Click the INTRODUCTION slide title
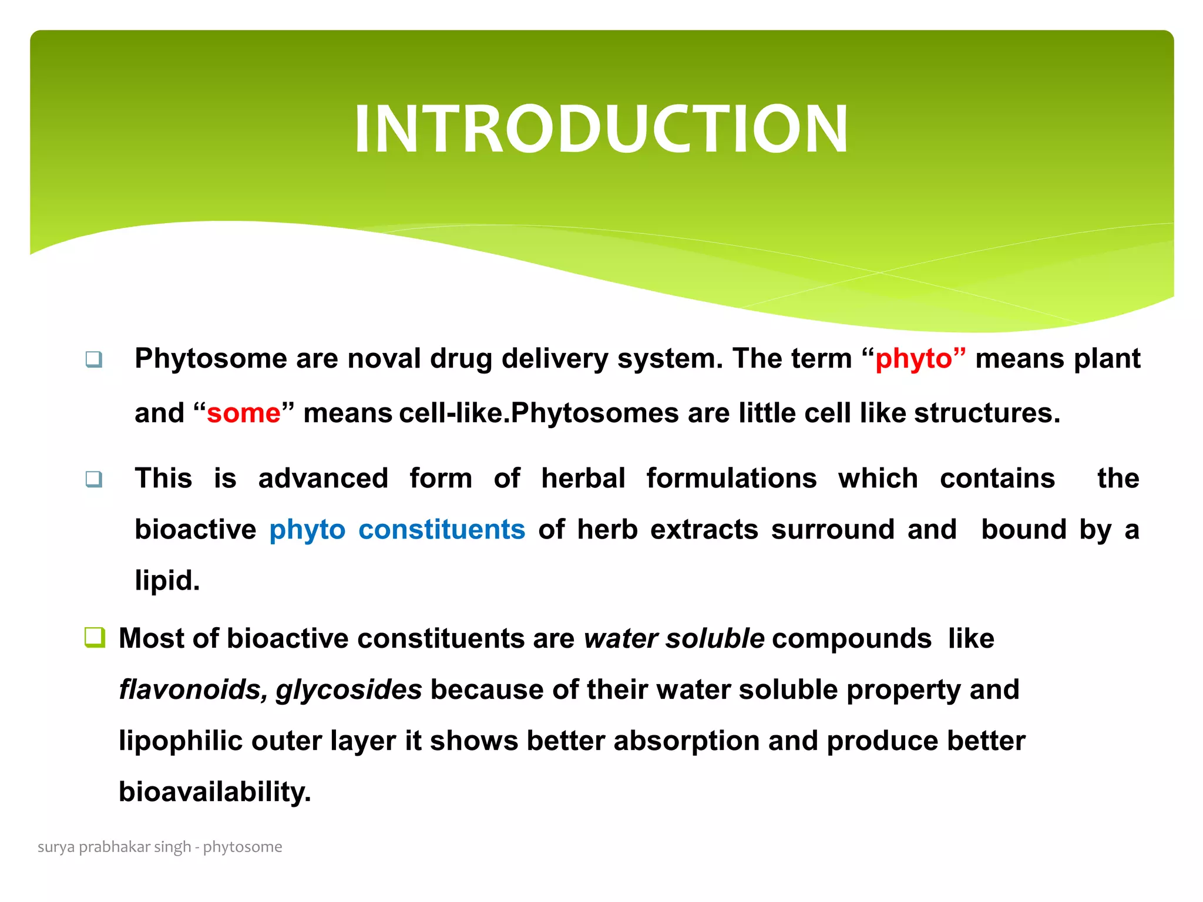[x=601, y=129]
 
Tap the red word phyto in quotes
[x=913, y=359]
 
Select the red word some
[x=243, y=413]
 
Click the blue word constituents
[x=442, y=530]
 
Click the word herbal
[x=583, y=479]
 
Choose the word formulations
[x=731, y=479]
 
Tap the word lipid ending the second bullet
[x=167, y=581]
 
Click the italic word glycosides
[x=349, y=689]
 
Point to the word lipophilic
[x=180, y=741]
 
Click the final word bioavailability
[x=214, y=792]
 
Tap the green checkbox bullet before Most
[x=95, y=637]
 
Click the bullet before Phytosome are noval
[x=94, y=359]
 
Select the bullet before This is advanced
[x=94, y=479]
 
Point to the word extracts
[x=704, y=530]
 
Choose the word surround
[x=833, y=530]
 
